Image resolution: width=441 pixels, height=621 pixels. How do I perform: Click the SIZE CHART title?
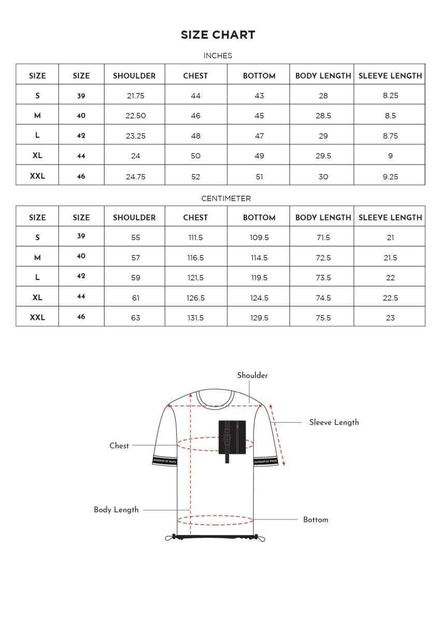(x=218, y=35)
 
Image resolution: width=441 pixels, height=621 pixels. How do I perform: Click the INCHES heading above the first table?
(x=218, y=56)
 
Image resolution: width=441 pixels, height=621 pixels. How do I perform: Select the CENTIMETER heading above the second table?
(x=226, y=199)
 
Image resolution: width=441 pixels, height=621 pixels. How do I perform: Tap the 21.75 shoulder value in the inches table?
(x=135, y=96)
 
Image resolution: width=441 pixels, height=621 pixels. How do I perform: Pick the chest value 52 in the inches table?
(x=195, y=176)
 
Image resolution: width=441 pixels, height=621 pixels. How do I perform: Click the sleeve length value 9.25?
(x=390, y=176)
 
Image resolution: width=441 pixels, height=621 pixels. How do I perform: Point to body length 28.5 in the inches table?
(x=323, y=116)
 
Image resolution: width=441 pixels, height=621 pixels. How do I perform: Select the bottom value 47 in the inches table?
(x=259, y=136)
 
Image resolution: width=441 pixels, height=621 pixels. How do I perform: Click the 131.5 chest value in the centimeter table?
(x=195, y=318)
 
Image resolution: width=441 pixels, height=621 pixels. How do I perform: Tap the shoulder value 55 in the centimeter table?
(x=135, y=238)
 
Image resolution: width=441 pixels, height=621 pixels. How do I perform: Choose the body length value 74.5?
(x=323, y=298)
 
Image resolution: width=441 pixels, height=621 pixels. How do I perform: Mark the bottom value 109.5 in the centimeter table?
(x=259, y=238)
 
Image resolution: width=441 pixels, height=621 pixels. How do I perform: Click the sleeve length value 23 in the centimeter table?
(x=390, y=318)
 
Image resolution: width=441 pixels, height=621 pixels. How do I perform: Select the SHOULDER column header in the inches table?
(x=134, y=76)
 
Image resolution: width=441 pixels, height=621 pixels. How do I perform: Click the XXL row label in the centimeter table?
(x=37, y=318)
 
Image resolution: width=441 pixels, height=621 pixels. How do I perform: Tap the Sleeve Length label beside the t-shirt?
(x=334, y=422)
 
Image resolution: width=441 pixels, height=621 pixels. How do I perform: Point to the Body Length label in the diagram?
(x=116, y=510)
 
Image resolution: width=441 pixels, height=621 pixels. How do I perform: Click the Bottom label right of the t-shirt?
(x=316, y=520)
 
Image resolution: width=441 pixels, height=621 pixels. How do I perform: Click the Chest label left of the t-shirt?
(x=119, y=446)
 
